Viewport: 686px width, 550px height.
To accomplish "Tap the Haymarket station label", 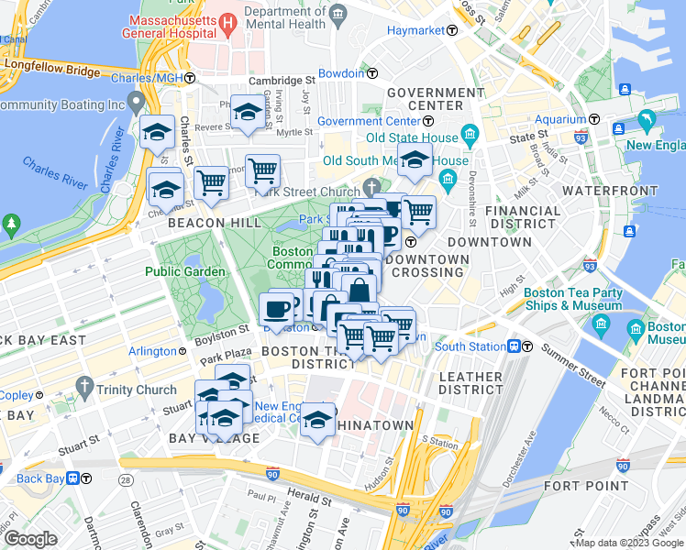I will pyautogui.click(x=419, y=30).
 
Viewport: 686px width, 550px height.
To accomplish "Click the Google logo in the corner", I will pyautogui.click(x=31, y=539).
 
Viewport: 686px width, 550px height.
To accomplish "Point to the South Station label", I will pyautogui.click(x=470, y=346).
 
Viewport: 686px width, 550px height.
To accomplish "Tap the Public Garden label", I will pyautogui.click(x=184, y=271).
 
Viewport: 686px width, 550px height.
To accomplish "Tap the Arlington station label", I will pyautogui.click(x=152, y=351).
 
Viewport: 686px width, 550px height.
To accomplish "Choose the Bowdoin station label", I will pyautogui.click(x=341, y=73).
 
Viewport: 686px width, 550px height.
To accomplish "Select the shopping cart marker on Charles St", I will pyautogui.click(x=212, y=181).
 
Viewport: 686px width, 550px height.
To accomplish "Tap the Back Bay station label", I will pyautogui.click(x=42, y=478).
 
